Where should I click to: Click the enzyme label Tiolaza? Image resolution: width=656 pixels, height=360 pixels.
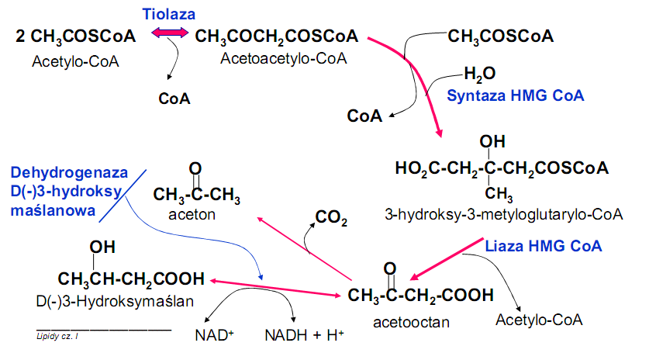click(x=169, y=14)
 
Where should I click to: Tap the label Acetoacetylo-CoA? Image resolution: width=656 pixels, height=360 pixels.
click(x=282, y=58)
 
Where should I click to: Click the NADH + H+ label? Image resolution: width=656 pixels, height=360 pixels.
click(x=304, y=336)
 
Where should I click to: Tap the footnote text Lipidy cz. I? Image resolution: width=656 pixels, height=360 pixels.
click(x=57, y=335)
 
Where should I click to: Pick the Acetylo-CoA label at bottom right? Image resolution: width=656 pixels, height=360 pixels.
click(x=539, y=319)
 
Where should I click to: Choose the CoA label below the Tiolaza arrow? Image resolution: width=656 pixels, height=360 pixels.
click(x=174, y=99)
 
